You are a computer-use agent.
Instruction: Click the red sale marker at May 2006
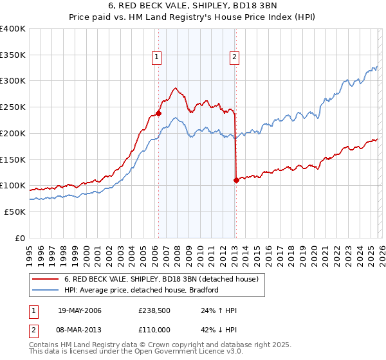click(x=158, y=113)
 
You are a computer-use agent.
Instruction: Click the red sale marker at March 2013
click(x=236, y=180)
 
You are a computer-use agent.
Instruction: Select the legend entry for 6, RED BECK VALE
click(x=161, y=279)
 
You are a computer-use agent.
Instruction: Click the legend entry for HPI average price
click(x=142, y=290)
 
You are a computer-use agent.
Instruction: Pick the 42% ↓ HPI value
click(x=219, y=330)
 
